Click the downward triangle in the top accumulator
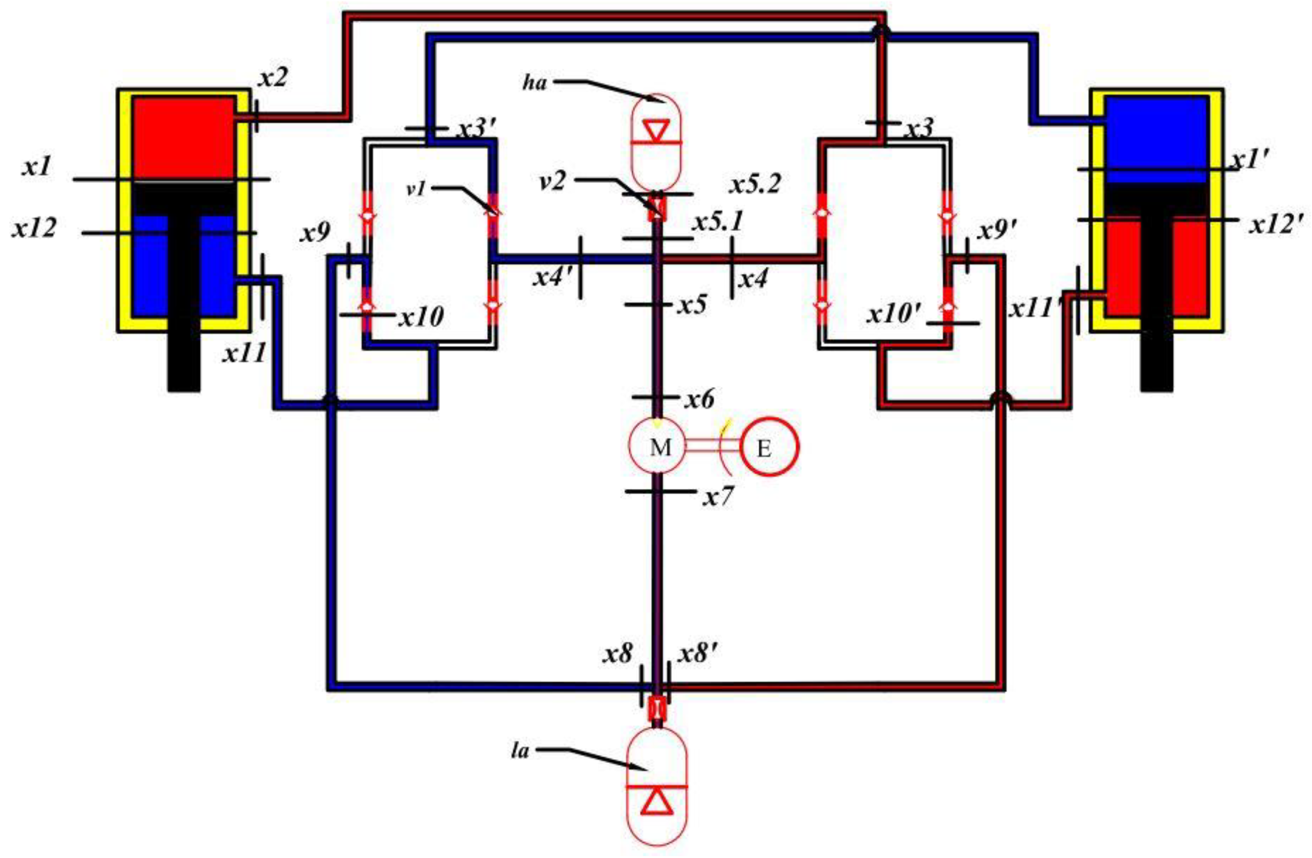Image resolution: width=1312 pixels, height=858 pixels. coord(656,131)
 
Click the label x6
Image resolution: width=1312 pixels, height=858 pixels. coord(699,398)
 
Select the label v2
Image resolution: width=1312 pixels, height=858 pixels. coord(553,181)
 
